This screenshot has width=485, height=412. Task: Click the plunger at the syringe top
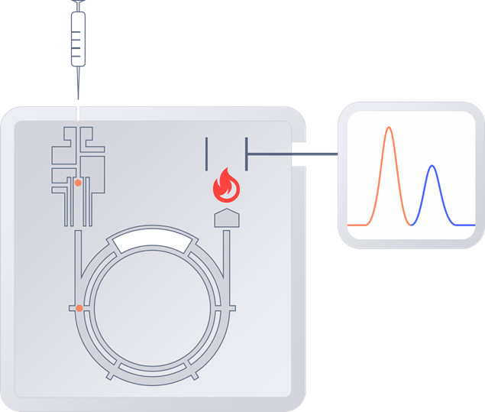pos(78,5)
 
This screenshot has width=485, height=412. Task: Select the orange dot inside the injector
pos(78,183)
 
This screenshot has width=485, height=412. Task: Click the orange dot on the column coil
pos(79,309)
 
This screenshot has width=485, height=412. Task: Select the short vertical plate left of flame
pos(206,153)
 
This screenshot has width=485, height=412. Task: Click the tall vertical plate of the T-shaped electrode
pos(246,154)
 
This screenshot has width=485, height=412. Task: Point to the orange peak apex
pos(389,128)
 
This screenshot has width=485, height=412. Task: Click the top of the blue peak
pos(432,166)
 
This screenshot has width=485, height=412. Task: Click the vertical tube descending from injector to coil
pos(78,260)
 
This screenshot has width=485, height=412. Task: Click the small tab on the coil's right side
pos(226,310)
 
